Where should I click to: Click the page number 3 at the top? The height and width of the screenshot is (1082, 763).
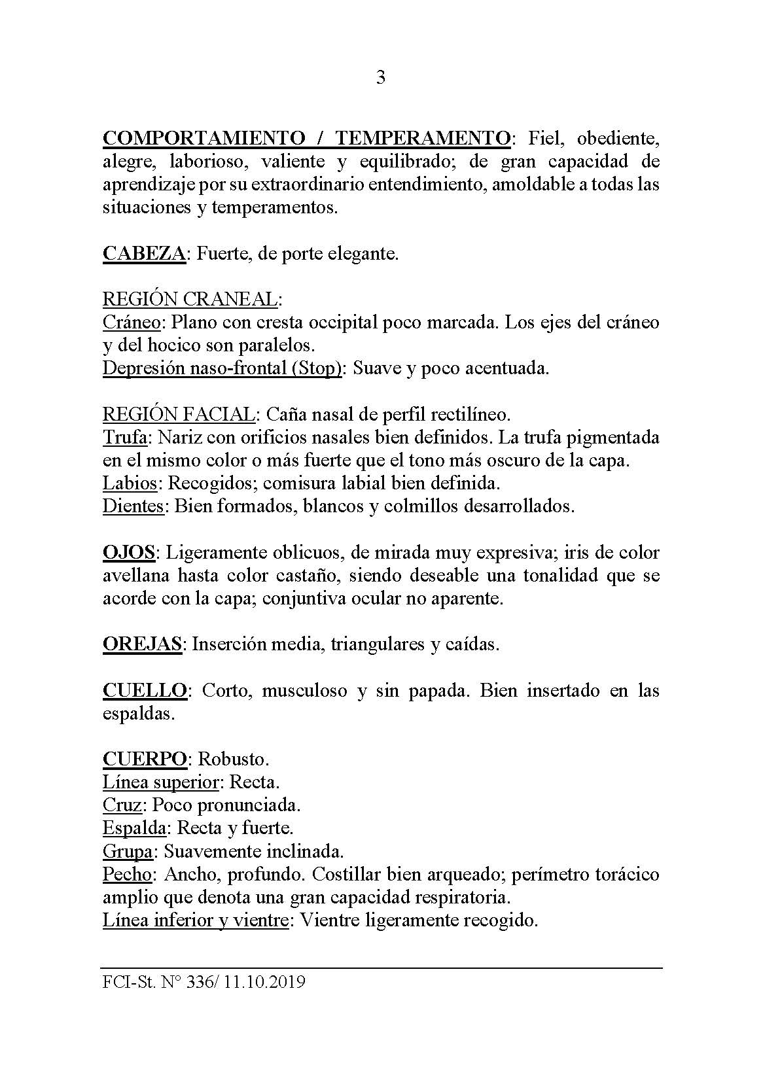click(x=381, y=79)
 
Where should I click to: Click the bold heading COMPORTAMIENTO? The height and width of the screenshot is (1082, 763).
click(x=203, y=138)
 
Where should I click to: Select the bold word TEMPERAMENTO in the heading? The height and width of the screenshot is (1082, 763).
click(x=423, y=138)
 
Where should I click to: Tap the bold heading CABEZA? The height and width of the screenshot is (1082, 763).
click(x=144, y=253)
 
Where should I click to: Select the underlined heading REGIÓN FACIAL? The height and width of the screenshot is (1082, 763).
click(x=178, y=414)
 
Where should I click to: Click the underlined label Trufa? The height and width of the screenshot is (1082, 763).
click(x=124, y=437)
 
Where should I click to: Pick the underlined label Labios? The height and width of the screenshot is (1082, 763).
click(x=130, y=483)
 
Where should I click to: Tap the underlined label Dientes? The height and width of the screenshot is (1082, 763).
click(x=133, y=506)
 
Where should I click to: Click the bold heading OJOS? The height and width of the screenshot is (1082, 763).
click(x=128, y=552)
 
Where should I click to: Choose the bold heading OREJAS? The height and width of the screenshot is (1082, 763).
click(x=141, y=644)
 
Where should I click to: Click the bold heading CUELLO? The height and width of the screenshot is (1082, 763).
click(x=145, y=691)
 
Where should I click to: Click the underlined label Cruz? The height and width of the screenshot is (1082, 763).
click(x=122, y=805)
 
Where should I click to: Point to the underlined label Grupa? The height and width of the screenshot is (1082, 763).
click(x=128, y=851)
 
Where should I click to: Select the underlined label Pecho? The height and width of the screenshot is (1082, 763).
click(x=128, y=875)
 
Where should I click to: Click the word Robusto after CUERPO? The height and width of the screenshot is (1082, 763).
click(x=234, y=759)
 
